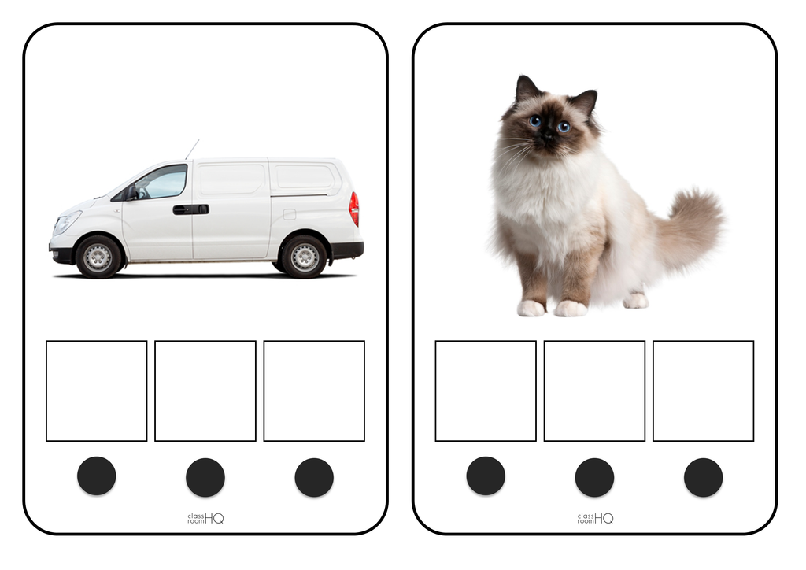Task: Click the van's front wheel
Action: (x=98, y=257)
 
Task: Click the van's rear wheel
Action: (x=304, y=257)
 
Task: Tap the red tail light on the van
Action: (x=353, y=209)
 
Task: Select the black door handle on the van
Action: (x=190, y=209)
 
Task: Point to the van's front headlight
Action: (x=67, y=223)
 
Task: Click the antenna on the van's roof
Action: (x=192, y=150)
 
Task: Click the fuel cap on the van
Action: (x=290, y=214)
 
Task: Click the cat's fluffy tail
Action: (x=688, y=231)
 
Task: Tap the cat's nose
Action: (x=549, y=134)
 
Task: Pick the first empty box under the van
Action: (x=97, y=390)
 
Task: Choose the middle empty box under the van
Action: (x=205, y=390)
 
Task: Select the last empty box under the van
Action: (x=314, y=390)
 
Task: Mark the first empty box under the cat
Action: (x=486, y=390)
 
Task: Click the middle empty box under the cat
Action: (x=594, y=390)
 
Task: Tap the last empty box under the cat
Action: (x=703, y=390)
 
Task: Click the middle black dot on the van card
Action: (x=205, y=477)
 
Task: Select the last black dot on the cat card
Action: (x=703, y=477)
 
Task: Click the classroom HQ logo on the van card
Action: (x=205, y=518)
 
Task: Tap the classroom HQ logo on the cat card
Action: (x=595, y=518)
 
